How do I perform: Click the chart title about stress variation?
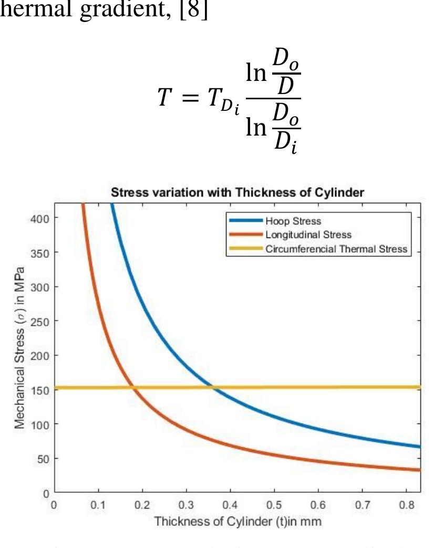(237, 193)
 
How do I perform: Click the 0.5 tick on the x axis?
(272, 505)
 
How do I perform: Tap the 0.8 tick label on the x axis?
(404, 505)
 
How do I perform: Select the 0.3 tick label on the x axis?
(184, 505)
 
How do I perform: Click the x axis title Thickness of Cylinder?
(236, 522)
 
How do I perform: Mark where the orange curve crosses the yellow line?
(133, 388)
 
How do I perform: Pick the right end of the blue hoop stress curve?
(420, 447)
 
